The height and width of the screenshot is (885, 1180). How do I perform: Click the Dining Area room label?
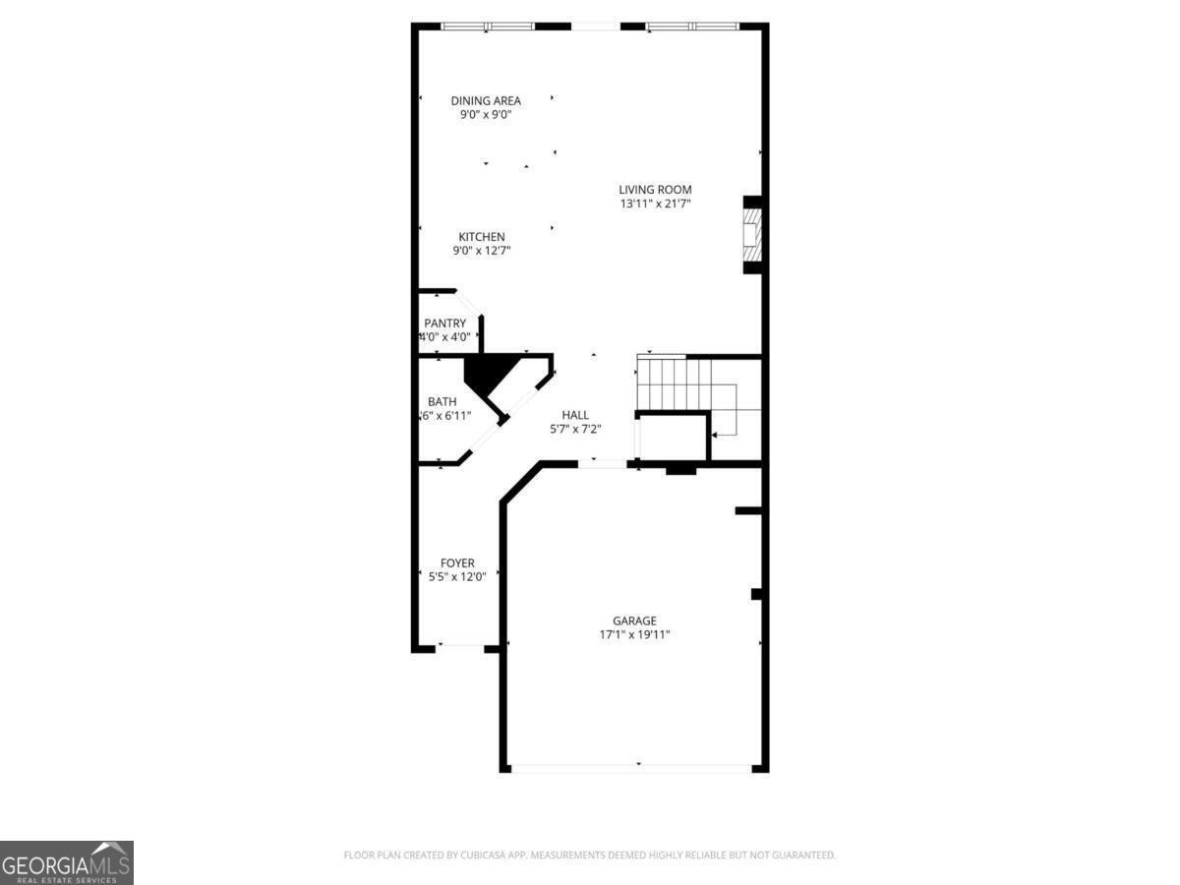pyautogui.click(x=486, y=100)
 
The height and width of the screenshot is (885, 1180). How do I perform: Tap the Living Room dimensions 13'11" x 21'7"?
pyautogui.click(x=655, y=204)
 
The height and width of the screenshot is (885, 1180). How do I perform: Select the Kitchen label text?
pyautogui.click(x=482, y=237)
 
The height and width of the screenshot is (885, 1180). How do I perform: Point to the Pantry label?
pyautogui.click(x=444, y=324)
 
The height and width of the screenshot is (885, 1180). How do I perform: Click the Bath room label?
pyautogui.click(x=442, y=401)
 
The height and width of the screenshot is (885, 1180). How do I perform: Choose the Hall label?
pyautogui.click(x=575, y=414)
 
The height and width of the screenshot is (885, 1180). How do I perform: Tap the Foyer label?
pyautogui.click(x=457, y=563)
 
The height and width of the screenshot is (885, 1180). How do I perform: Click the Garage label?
pyautogui.click(x=634, y=620)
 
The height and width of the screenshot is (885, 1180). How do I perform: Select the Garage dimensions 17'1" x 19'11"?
pyautogui.click(x=634, y=634)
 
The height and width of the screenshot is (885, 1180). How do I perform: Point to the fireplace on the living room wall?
pyautogui.click(x=752, y=235)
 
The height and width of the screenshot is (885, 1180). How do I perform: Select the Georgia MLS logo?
pyautogui.click(x=67, y=862)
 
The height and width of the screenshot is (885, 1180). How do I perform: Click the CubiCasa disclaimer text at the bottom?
pyautogui.click(x=590, y=855)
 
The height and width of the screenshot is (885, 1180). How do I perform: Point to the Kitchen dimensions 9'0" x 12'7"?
pyautogui.click(x=482, y=251)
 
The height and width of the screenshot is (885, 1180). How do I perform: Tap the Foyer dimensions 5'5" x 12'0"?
pyautogui.click(x=457, y=577)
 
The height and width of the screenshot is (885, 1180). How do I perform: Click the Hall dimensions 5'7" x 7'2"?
pyautogui.click(x=575, y=428)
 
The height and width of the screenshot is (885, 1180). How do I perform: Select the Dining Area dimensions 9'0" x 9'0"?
pyautogui.click(x=486, y=114)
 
